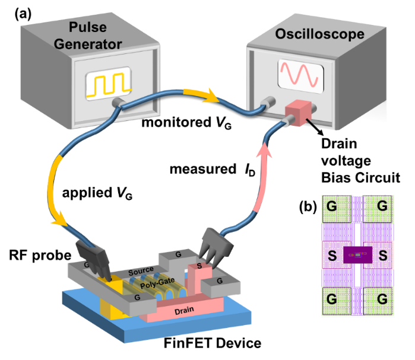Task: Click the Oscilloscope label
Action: (x=319, y=34)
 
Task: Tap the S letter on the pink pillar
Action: (x=199, y=266)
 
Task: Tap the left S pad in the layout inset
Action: (x=334, y=256)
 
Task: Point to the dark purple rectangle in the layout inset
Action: (x=358, y=254)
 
